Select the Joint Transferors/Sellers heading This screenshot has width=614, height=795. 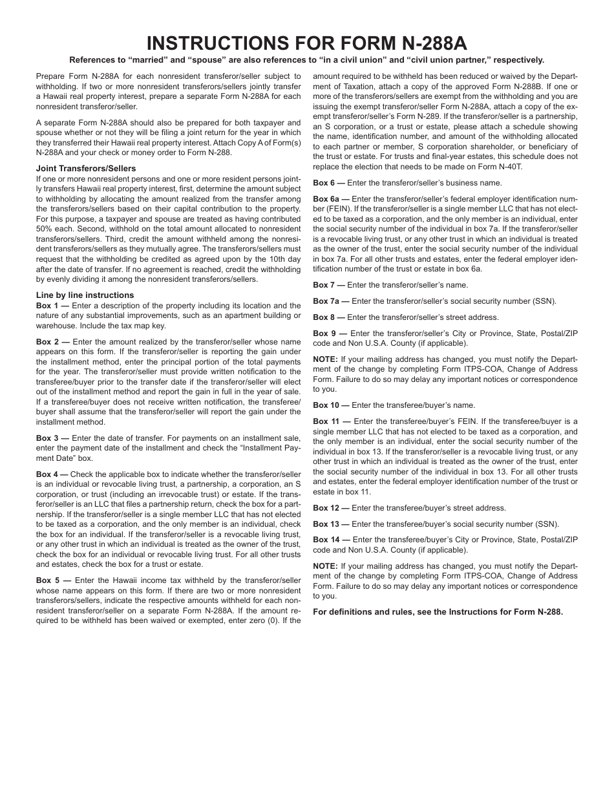[86, 169]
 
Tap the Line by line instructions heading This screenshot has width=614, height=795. [85, 295]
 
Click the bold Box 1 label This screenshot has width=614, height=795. [48, 306]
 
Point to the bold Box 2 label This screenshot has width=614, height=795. [48, 341]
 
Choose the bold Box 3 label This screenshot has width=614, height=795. [48, 438]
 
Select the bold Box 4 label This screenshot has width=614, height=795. [48, 474]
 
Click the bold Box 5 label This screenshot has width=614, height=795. [48, 580]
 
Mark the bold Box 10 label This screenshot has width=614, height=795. [327, 405]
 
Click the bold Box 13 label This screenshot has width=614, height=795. [327, 524]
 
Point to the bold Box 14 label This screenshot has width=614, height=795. [327, 540]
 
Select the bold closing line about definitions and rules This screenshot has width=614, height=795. [438, 612]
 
